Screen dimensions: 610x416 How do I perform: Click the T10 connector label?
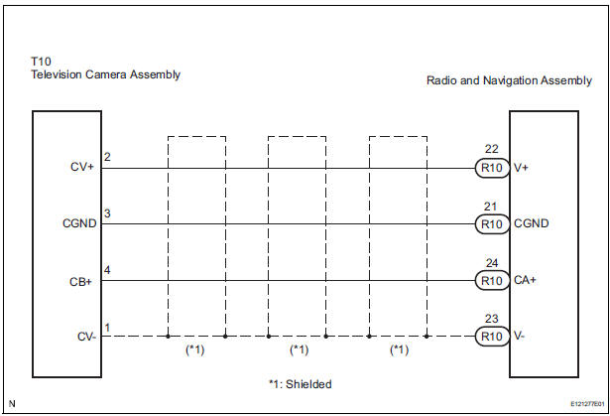pos(41,62)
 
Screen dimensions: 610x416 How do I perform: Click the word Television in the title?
pos(57,74)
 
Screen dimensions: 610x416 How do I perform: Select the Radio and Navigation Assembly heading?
pos(509,80)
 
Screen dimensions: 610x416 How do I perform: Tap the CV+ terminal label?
pos(82,167)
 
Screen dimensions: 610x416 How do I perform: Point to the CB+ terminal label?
pos(80,281)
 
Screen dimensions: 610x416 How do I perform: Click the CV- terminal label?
pos(86,337)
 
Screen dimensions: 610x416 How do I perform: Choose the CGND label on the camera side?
pos(79,223)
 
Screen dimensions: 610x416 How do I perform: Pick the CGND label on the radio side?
pos(531,223)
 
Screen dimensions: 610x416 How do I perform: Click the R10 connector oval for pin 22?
pos(492,168)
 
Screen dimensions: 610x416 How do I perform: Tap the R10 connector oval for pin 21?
pos(492,224)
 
